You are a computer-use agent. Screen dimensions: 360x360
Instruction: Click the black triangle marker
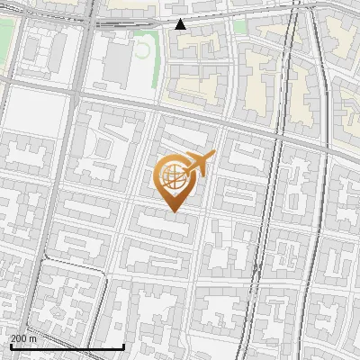click(181, 24)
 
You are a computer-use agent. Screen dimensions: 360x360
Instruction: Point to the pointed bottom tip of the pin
click(173, 211)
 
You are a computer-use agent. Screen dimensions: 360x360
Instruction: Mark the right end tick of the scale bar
click(123, 346)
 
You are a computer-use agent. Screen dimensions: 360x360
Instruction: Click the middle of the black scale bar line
click(67, 346)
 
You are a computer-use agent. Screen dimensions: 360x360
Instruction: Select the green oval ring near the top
click(141, 49)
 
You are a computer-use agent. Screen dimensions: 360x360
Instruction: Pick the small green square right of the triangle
click(239, 26)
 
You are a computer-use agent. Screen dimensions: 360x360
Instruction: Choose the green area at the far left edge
click(5, 40)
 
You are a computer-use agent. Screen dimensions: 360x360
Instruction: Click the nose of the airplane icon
click(212, 156)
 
